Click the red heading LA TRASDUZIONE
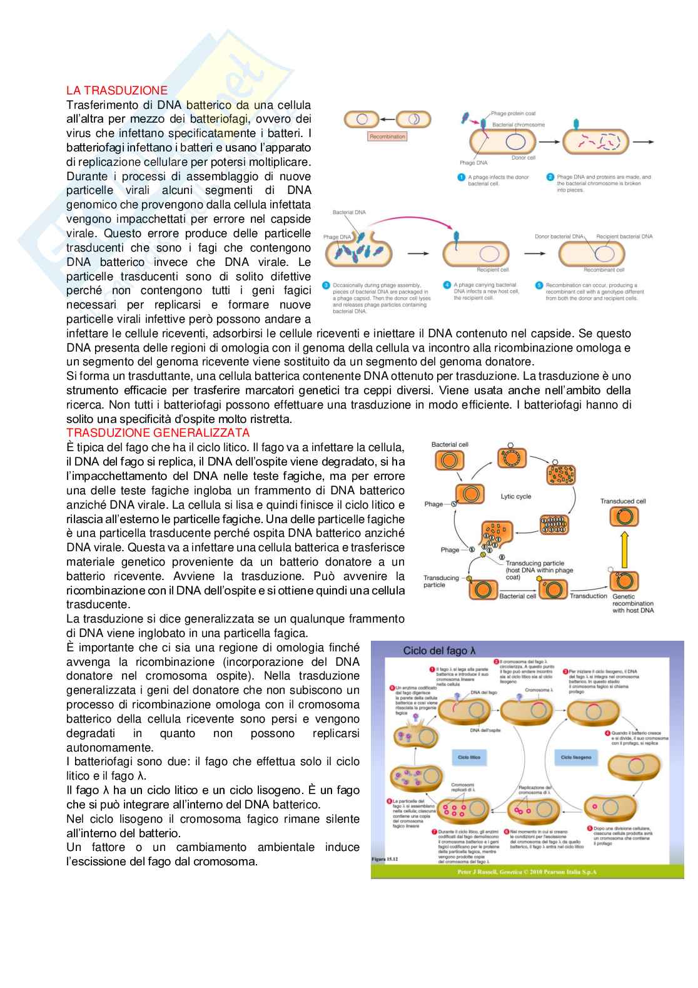(117, 91)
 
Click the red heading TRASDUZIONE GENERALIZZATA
(158, 432)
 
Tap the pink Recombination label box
(387, 136)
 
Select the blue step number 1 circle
(461, 178)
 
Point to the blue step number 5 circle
(539, 285)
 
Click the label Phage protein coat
(513, 113)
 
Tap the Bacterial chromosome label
(518, 125)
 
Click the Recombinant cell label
(604, 270)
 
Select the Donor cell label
(523, 158)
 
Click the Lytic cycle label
(516, 496)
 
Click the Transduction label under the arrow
(588, 596)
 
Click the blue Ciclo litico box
(469, 757)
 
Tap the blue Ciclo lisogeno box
(575, 757)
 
